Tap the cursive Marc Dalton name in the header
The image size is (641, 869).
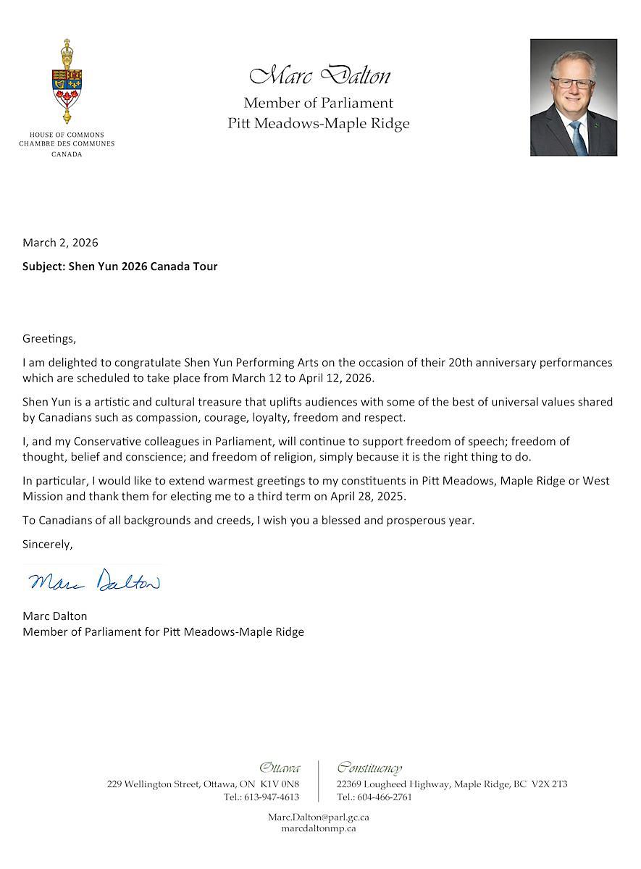pos(319,75)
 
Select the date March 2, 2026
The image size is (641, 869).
pos(60,243)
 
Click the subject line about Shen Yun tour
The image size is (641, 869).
pos(120,266)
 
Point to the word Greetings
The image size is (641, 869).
pos(49,338)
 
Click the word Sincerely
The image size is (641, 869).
pos(47,544)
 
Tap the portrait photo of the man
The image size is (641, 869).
pos(573,97)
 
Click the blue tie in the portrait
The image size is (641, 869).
pos(577,138)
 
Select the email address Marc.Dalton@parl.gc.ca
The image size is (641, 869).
pos(319,817)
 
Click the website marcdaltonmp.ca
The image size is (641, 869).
pos(319,828)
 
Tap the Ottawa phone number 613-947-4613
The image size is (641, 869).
pos(271,797)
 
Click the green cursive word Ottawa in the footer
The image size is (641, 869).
pos(280,768)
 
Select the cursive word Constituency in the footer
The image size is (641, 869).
pos(369,768)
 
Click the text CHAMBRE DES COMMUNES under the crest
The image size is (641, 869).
pos(67,144)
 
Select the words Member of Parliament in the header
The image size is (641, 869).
pos(319,103)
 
